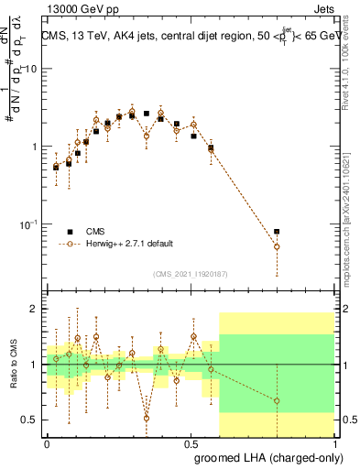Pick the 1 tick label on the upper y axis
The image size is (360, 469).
tap(35, 147)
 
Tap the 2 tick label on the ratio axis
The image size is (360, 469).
tap(35, 310)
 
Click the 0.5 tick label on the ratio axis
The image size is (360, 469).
tap(30, 420)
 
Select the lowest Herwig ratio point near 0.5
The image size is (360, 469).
tap(147, 418)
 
